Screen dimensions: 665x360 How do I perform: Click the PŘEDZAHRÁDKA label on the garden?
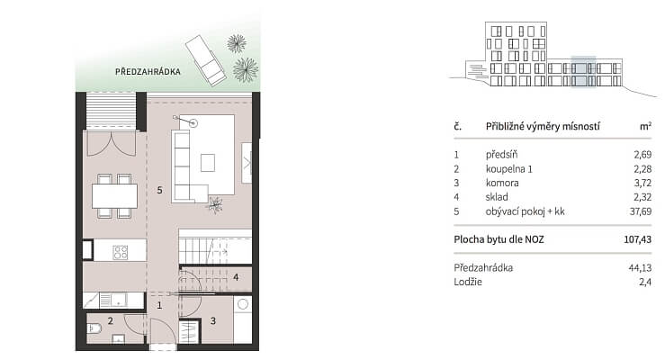[x=148, y=72]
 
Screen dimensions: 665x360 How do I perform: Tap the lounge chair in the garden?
[x=206, y=59]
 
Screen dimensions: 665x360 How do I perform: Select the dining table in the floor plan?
[x=114, y=196]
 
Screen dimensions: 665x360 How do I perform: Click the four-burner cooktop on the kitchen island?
[x=120, y=252]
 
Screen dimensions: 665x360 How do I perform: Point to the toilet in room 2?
[x=94, y=328]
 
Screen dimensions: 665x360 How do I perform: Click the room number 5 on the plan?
[x=159, y=190]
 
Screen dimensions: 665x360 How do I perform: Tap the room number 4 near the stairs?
[x=236, y=277]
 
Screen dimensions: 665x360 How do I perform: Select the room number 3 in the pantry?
[x=213, y=321]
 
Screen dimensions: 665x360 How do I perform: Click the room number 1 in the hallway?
[x=159, y=305]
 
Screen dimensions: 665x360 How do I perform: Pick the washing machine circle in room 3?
[x=243, y=304]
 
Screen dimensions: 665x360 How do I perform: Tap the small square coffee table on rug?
[x=207, y=162]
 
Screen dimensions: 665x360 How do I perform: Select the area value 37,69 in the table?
[x=641, y=211]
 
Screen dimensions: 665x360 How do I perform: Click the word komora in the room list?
[x=502, y=183]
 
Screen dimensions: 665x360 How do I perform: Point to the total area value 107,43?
[x=637, y=239]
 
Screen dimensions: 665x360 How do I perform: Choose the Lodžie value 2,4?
[x=645, y=282]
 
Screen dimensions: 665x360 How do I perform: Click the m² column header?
[x=645, y=126]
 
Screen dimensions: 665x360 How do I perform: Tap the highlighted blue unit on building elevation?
[x=583, y=72]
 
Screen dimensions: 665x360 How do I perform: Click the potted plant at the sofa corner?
[x=214, y=204]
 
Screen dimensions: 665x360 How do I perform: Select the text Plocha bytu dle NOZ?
[x=499, y=239]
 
